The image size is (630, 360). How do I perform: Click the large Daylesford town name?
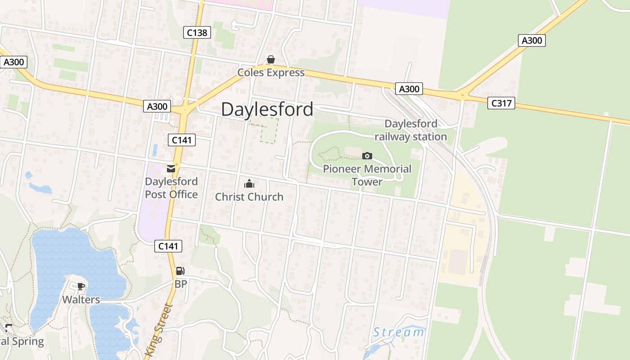267,109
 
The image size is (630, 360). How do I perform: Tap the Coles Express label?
271,72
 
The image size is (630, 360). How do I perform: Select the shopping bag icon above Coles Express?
271,59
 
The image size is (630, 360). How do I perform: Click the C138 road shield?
197,32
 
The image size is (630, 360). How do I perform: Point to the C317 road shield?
501,103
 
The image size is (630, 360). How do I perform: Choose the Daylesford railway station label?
410,130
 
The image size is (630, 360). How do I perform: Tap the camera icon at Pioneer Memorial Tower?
367,156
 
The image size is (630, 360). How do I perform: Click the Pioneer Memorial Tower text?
367,175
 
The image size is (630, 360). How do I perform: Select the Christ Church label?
249,197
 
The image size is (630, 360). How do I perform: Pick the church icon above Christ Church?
249,184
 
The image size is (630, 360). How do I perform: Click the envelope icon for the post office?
171,169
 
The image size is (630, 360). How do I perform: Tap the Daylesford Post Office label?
171,188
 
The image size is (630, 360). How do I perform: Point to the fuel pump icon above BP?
180,271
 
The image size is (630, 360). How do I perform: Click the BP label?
180,284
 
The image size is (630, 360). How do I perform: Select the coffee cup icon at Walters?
81,286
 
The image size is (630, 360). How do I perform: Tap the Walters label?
81,299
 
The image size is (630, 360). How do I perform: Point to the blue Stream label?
398,333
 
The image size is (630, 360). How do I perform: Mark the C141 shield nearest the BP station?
169,246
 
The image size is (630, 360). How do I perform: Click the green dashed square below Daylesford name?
270,131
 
